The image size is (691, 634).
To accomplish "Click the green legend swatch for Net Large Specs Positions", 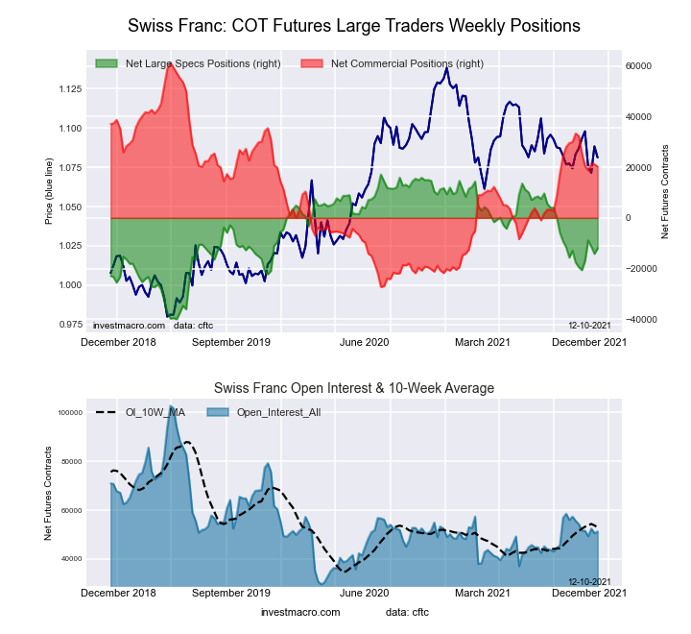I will tap(107, 63).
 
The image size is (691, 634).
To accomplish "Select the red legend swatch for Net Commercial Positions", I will tap(312, 63).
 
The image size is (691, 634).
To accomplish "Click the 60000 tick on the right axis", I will tap(639, 65).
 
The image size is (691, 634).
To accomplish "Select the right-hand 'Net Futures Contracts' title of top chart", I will tap(665, 191).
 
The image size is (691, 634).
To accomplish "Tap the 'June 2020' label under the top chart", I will tap(365, 341).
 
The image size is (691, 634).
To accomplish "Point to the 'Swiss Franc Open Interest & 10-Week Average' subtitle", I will tap(353, 388).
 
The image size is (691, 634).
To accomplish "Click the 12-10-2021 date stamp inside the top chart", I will tap(589, 326).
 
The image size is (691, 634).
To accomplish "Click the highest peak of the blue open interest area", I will tap(170, 406).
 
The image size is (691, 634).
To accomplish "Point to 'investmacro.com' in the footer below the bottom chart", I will tap(300, 611).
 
